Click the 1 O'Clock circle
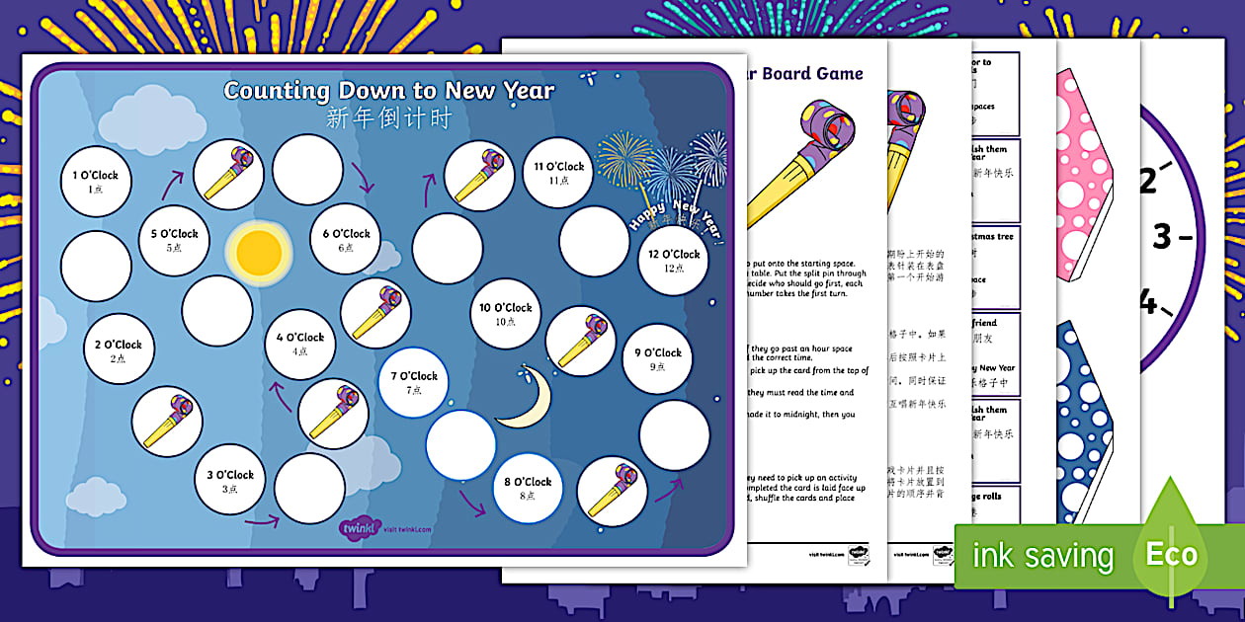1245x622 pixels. [x=96, y=181]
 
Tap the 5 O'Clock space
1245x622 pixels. [x=173, y=240]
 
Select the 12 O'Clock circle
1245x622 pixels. [x=674, y=260]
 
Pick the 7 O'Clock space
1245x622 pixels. [x=414, y=382]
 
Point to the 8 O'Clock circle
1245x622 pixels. [x=528, y=488]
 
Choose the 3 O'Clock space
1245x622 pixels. [x=229, y=480]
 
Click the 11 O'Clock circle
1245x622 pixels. [x=559, y=173]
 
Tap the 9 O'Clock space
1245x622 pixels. [x=658, y=358]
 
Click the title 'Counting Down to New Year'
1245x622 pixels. [x=388, y=90]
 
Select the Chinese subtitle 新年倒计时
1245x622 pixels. [x=388, y=118]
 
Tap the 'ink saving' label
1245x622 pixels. [x=1042, y=556]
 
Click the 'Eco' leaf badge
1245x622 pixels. [x=1172, y=553]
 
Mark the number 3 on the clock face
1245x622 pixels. [x=1163, y=236]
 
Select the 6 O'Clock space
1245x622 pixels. [x=346, y=240]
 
